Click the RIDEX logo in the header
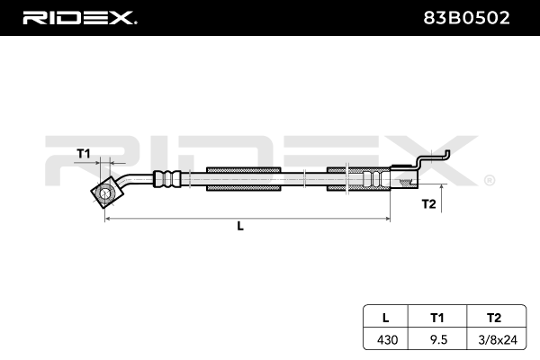(x=79, y=17)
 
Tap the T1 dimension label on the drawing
(x=84, y=153)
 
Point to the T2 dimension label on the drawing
(x=428, y=204)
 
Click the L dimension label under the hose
(x=240, y=227)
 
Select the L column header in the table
(x=385, y=317)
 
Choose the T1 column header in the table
(x=438, y=317)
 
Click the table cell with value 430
(x=385, y=339)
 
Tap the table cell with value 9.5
(x=438, y=339)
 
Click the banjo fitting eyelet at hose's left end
(x=106, y=193)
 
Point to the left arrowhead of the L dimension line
(x=109, y=218)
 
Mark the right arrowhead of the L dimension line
(x=387, y=218)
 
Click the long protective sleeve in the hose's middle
(x=245, y=178)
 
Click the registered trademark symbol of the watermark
(x=489, y=181)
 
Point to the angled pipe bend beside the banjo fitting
(x=135, y=181)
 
